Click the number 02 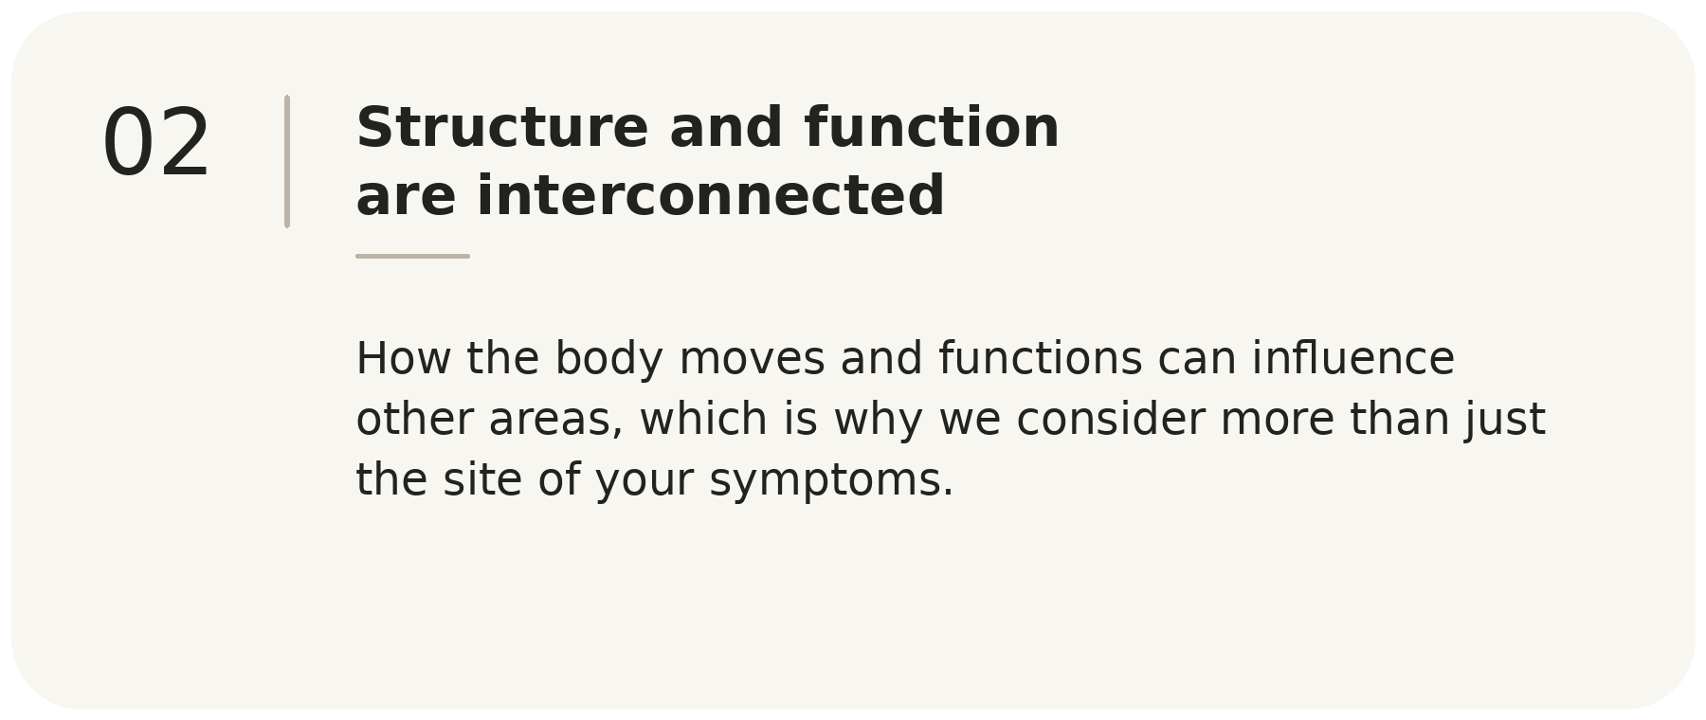tap(156, 142)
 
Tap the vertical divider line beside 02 tap(287, 161)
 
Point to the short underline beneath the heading tap(412, 256)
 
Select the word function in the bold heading tap(932, 127)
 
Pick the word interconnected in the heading tap(711, 196)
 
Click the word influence tap(1353, 359)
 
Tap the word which tap(703, 419)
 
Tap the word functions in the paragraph tap(1041, 359)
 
